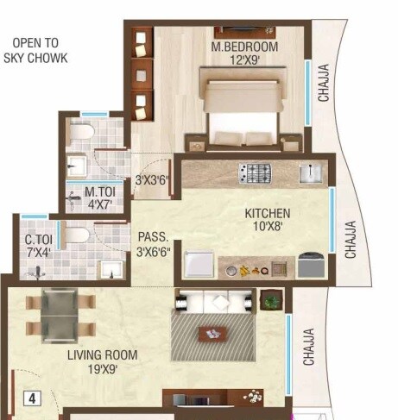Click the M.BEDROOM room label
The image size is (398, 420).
244,47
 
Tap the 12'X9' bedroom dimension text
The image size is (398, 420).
244,62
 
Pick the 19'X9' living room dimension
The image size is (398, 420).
103,369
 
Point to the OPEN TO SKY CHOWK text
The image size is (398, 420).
39,50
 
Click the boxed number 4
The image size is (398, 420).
32,398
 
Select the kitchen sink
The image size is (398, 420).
309,173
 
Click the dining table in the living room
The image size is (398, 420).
59,316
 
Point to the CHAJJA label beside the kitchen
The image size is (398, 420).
351,240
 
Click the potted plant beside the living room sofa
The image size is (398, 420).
271,302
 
